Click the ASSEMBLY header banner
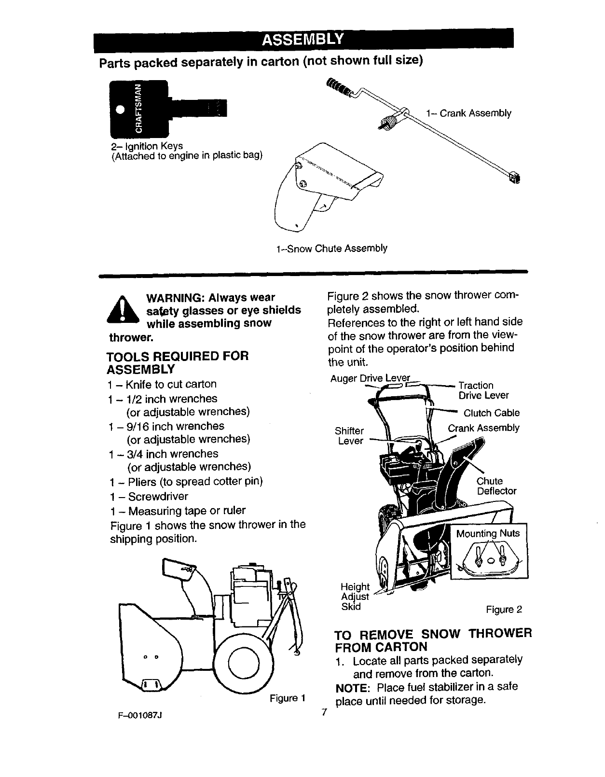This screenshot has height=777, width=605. [302, 39]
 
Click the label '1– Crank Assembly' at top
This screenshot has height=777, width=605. [468, 113]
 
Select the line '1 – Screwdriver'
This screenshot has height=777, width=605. [149, 496]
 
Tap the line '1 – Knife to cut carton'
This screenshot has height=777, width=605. [162, 384]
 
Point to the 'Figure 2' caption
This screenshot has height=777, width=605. [504, 610]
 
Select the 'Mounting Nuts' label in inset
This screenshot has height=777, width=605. [488, 533]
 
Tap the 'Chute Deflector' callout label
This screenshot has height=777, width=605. [496, 486]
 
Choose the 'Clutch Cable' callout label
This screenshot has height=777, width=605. [491, 413]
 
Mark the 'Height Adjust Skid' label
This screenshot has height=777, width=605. [355, 597]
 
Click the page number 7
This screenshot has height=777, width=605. [324, 712]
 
